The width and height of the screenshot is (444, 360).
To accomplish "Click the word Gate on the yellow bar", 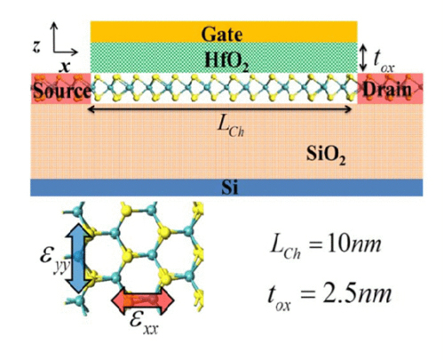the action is point(222,34).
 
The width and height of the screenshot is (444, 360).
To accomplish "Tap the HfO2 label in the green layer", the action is point(227,62).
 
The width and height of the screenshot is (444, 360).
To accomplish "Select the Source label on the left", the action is point(62,91).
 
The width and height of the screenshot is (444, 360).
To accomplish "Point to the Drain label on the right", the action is point(387,89).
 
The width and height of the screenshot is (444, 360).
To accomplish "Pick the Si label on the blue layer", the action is point(230,188).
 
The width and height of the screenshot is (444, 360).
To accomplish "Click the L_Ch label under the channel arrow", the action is point(231,127).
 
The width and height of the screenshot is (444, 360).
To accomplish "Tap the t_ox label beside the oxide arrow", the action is point(384,61).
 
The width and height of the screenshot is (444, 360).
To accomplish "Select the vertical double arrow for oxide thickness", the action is point(363,58).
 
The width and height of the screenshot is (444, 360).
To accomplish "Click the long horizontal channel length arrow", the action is point(220,109).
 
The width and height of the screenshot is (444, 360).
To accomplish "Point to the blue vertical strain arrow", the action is point(77,258).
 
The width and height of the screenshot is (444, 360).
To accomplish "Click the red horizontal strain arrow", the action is point(143,300).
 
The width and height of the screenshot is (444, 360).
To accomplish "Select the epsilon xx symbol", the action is point(144,324).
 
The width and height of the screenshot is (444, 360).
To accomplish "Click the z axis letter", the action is point(36,46).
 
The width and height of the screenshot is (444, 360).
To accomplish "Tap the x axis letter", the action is point(65,68).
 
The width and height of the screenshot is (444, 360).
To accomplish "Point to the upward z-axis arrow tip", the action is point(54,24).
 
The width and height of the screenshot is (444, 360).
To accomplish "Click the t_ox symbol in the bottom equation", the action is point(279,297).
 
